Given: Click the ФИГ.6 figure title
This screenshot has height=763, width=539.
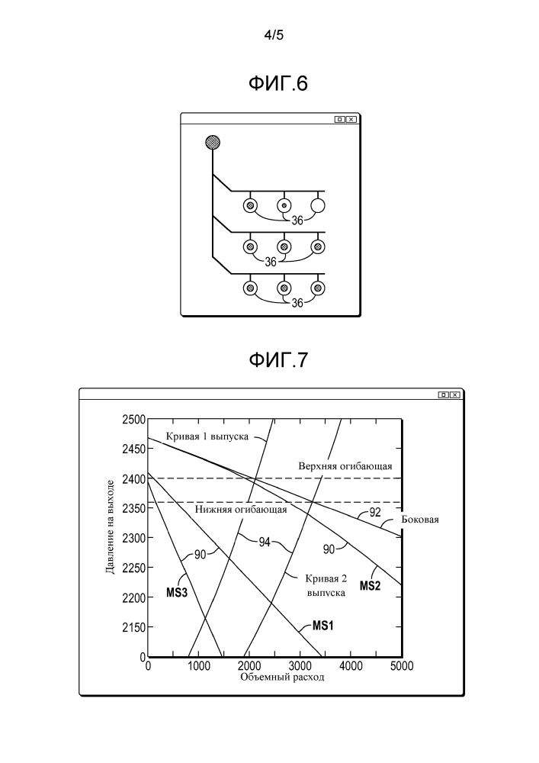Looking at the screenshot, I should (278, 84).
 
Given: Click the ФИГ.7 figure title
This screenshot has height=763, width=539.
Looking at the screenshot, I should (278, 359).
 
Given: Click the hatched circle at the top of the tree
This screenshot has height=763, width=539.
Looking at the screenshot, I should (213, 142).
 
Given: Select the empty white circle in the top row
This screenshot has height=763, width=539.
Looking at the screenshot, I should (318, 204).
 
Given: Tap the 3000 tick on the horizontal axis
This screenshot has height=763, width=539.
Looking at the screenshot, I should (300, 666).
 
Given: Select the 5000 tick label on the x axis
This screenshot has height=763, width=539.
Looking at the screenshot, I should (402, 666).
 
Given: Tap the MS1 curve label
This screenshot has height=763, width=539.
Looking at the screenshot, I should (324, 626).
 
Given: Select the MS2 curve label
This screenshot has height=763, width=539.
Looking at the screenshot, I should (371, 586).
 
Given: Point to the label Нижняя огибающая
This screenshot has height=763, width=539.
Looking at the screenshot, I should (241, 510).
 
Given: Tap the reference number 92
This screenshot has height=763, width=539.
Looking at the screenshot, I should (374, 513).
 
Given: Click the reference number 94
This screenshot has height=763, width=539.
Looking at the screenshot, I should (264, 542).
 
